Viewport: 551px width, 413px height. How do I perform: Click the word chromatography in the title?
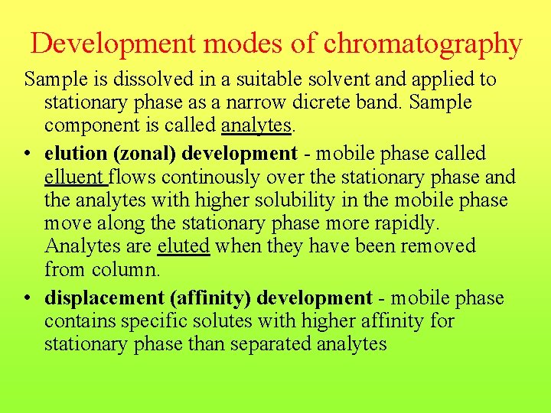422,44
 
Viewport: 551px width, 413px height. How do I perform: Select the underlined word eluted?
183,246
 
